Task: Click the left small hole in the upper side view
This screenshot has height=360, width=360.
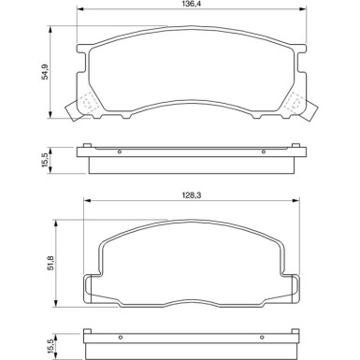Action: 119,151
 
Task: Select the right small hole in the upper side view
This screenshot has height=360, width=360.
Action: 263,151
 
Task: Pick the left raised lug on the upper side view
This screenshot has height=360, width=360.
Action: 87,145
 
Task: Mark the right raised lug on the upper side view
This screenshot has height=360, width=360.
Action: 295,145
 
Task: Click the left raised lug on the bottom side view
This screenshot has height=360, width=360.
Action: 89,332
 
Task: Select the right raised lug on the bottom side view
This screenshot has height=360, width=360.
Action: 293,332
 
